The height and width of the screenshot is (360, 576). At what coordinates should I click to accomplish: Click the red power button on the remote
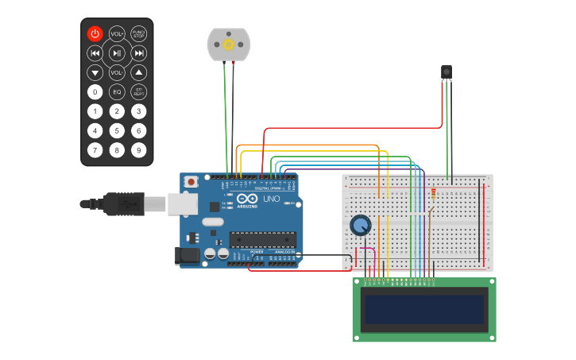point(95,33)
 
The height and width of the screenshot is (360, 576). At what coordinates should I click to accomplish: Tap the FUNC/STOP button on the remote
point(139,33)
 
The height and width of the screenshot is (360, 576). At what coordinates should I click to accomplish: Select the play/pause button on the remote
point(117,53)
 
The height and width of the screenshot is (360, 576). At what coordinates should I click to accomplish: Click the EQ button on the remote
point(117,91)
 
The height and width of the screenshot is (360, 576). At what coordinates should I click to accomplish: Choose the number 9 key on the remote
point(139,149)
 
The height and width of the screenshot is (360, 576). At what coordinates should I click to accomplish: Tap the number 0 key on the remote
point(95,91)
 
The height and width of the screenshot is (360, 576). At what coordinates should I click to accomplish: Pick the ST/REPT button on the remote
point(139,91)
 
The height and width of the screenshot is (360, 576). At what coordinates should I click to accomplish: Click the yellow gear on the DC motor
point(229,45)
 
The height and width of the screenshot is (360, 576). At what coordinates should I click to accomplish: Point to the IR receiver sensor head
point(446,72)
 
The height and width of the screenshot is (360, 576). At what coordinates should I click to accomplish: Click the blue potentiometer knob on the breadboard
point(360,225)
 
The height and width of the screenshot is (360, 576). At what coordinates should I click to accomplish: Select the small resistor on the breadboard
point(433,193)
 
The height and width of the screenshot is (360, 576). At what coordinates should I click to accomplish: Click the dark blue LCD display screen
point(424,310)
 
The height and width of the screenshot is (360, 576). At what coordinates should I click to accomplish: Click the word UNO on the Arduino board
point(272,199)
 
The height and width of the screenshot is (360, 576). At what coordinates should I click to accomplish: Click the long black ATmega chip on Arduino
point(263,238)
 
